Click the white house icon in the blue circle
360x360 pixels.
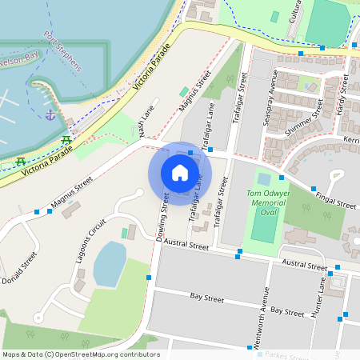[x=180, y=173]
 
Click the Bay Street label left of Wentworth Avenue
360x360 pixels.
[x=206, y=298]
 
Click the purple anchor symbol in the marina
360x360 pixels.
[x=51, y=115]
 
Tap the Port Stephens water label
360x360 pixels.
[x=64, y=51]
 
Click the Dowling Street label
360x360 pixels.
[x=162, y=217]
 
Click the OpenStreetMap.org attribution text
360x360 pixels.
[x=104, y=354]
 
